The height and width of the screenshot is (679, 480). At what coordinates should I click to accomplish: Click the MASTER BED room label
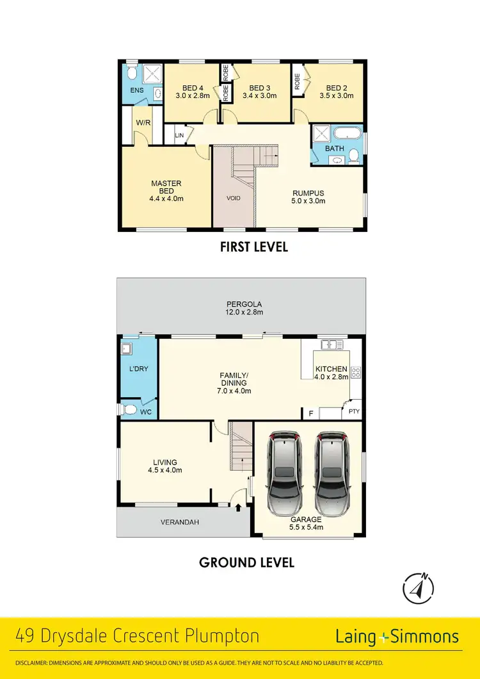click(x=166, y=184)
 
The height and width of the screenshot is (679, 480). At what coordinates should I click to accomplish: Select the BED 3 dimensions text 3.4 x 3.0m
click(x=259, y=96)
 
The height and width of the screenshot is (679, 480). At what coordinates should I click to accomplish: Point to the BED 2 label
click(x=336, y=88)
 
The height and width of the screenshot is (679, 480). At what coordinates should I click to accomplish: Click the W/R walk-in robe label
click(x=143, y=122)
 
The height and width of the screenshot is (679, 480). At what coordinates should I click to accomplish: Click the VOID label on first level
click(x=234, y=198)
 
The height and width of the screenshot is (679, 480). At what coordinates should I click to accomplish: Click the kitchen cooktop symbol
click(x=355, y=372)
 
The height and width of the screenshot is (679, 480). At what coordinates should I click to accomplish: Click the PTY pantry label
click(x=353, y=412)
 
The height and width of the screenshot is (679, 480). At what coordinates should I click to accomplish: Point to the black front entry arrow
click(x=239, y=508)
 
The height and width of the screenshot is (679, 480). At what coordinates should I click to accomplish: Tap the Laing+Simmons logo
click(x=397, y=637)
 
